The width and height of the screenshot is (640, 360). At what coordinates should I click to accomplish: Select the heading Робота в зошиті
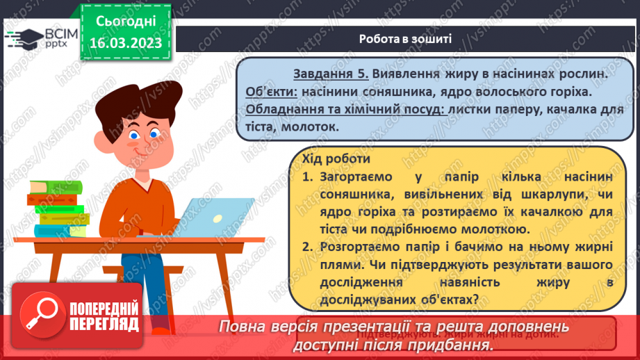(x=406, y=38)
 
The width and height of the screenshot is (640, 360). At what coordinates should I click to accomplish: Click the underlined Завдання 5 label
(x=326, y=74)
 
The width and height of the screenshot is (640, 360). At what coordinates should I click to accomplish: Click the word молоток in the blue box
(x=311, y=127)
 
